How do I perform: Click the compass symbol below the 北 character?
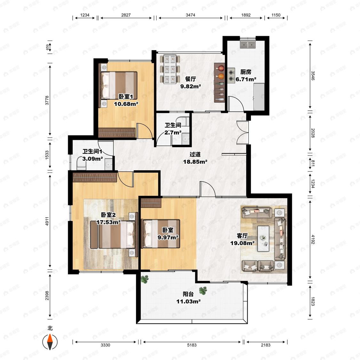(50, 342)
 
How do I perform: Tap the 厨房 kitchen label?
(246, 72)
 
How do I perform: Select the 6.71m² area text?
(246, 79)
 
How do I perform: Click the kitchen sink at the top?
(248, 44)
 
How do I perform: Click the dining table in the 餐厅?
(170, 69)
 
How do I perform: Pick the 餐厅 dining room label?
(191, 79)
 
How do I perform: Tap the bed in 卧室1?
(119, 85)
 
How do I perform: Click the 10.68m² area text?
(126, 104)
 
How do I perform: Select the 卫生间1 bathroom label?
(92, 151)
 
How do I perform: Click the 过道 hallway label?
(195, 154)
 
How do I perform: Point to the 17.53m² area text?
(108, 222)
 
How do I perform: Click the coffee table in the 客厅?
(263, 238)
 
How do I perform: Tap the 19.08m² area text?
(243, 243)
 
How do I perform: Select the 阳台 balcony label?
(188, 294)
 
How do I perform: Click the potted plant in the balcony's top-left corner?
(144, 279)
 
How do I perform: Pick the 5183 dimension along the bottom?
(192, 345)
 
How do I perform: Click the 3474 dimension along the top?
(191, 15)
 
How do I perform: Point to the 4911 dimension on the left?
(47, 221)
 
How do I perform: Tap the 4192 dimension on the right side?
(313, 239)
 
